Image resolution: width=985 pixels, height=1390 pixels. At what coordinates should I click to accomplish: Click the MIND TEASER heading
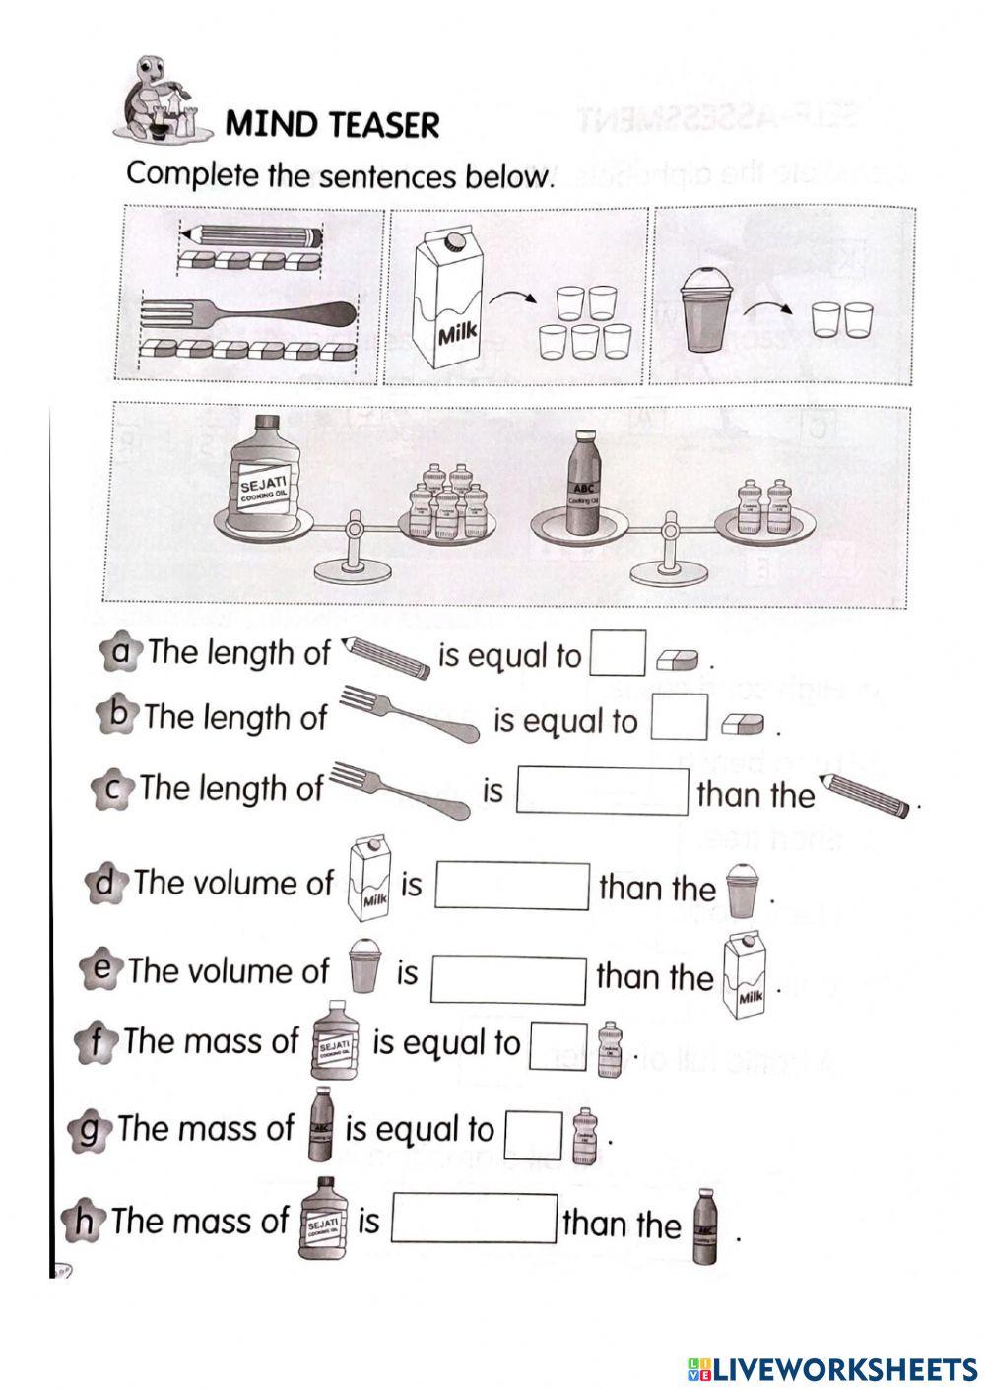tap(332, 125)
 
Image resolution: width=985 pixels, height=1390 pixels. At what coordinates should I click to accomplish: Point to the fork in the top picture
tap(248, 314)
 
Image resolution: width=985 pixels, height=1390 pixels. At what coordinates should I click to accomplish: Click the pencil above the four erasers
tap(252, 236)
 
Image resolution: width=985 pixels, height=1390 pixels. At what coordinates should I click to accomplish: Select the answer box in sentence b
tap(680, 718)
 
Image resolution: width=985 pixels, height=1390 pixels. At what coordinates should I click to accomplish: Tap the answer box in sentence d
tap(512, 885)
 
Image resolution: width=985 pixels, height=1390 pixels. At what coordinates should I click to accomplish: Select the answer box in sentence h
tap(475, 1220)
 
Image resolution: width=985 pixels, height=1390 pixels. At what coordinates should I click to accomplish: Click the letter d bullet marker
tap(104, 882)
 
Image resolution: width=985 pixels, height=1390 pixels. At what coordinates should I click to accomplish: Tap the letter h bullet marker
tap(84, 1222)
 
